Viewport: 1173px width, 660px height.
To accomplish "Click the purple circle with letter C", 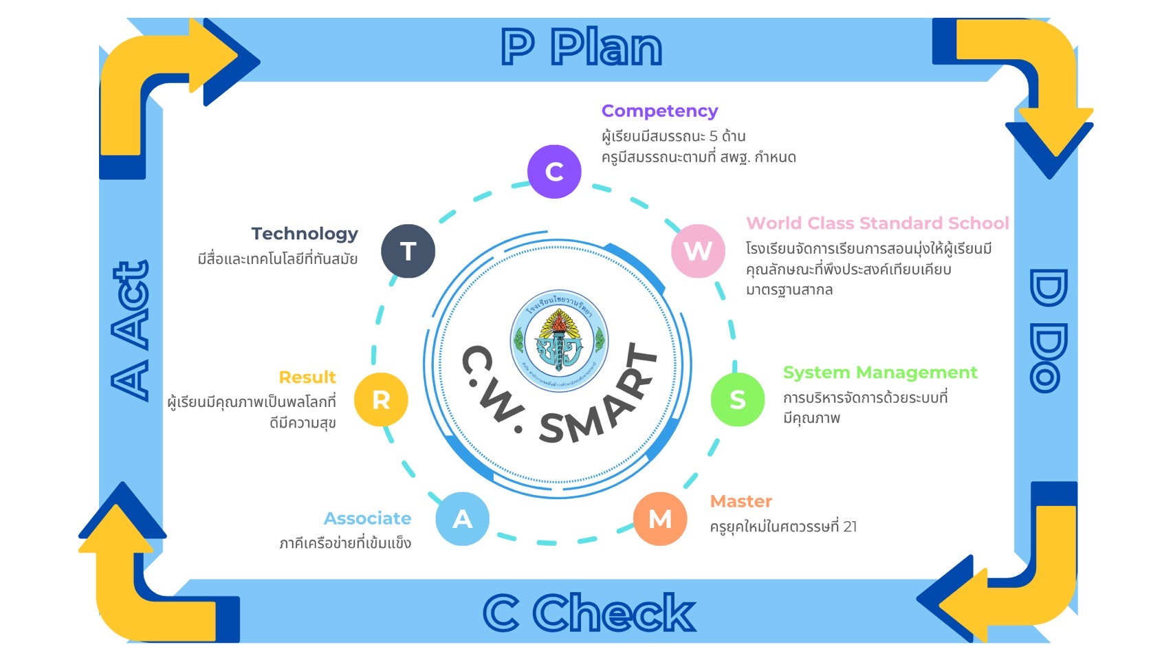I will tap(554, 171).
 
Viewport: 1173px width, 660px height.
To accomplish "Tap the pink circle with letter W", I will tap(698, 251).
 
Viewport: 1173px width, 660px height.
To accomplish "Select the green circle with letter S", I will tap(737, 399).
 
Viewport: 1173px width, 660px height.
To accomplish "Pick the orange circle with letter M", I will tap(660, 518).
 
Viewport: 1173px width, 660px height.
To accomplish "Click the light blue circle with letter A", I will tap(462, 518).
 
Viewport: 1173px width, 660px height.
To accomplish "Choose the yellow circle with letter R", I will tap(381, 399).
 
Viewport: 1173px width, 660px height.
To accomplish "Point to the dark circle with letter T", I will tap(408, 251).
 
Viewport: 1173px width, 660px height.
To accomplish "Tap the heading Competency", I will tap(659, 111).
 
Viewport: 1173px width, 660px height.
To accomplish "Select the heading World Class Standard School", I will tap(877, 223).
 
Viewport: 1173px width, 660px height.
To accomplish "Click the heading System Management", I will tap(879, 373).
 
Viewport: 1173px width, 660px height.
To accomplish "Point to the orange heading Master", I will tap(741, 501).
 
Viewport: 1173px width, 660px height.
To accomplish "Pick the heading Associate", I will tap(367, 518).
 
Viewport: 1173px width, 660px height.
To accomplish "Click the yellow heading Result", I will tap(307, 377).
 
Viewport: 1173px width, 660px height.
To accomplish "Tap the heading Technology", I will tap(304, 234).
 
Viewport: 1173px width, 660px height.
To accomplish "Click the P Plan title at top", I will tap(581, 47).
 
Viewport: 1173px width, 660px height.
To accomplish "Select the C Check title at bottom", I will tap(589, 613).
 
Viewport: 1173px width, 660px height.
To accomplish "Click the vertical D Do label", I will tap(1048, 331).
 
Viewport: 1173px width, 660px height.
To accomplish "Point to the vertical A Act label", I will tap(131, 330).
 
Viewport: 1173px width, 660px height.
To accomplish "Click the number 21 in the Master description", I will tap(850, 527).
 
